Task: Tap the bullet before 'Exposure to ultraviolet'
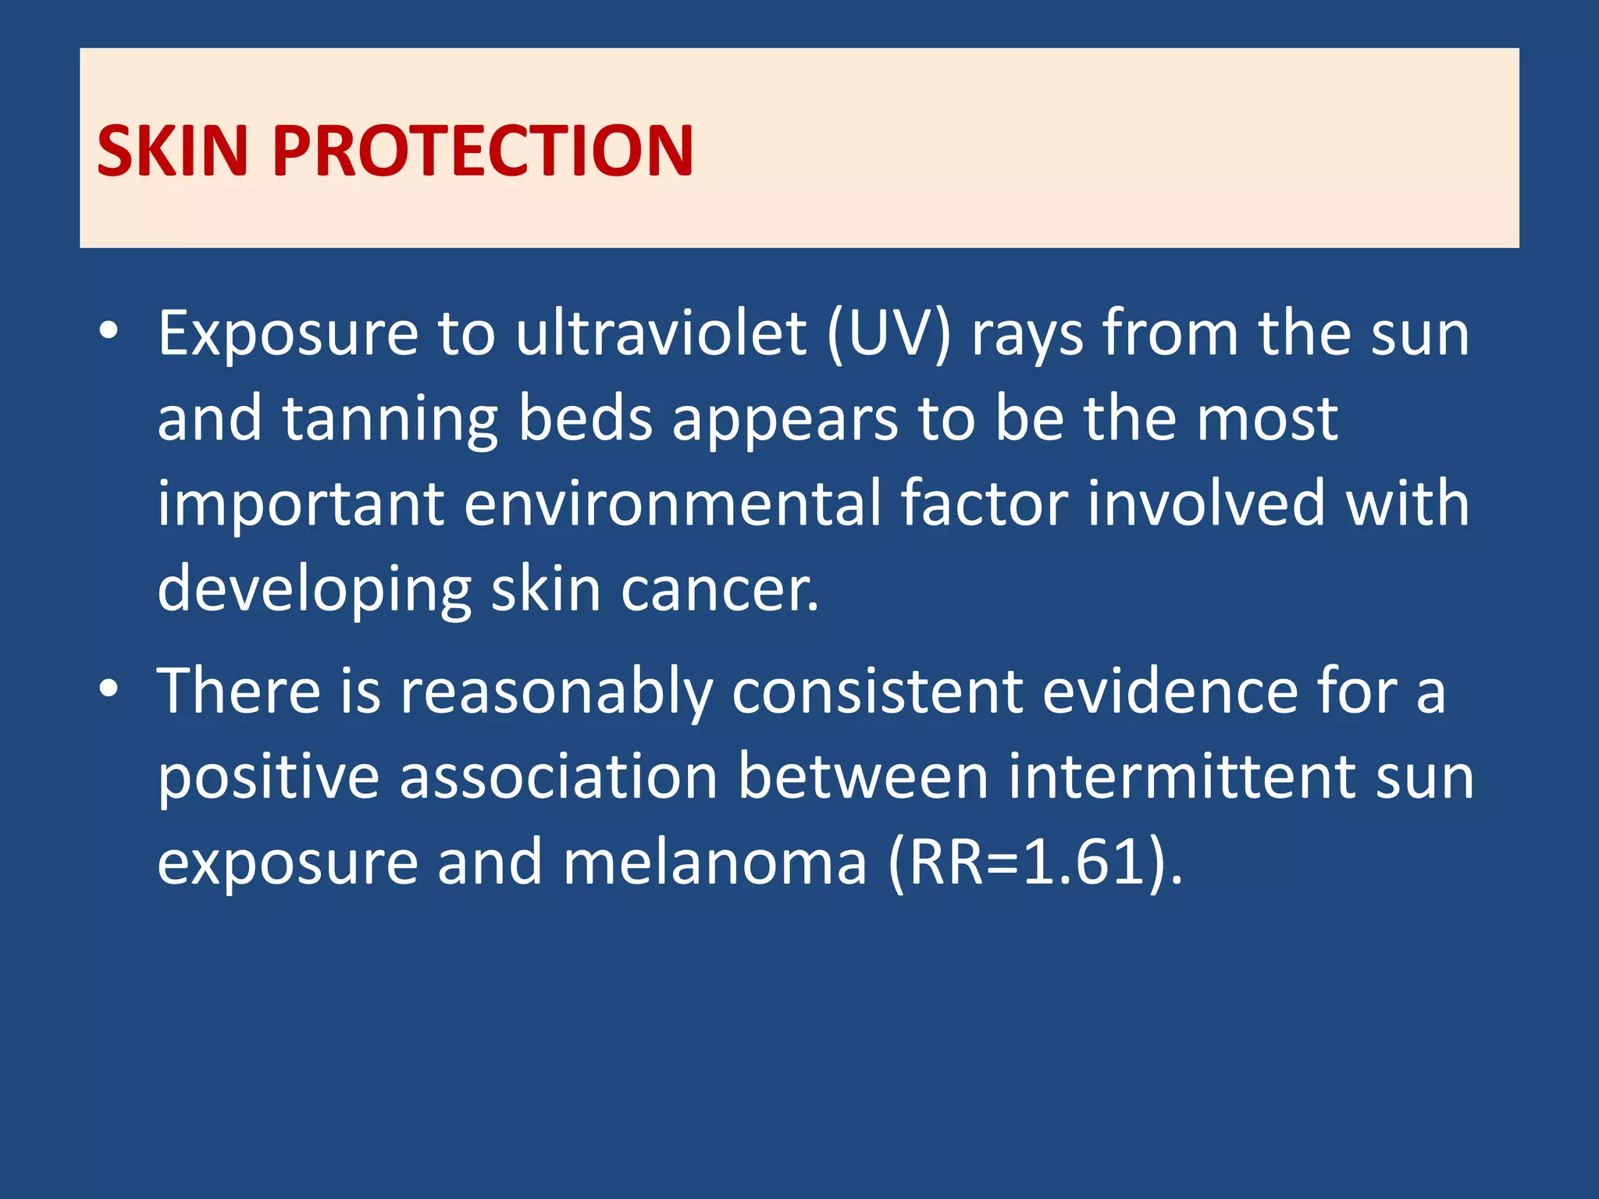click(109, 331)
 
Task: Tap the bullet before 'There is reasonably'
click(109, 688)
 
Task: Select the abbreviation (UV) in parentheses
click(889, 334)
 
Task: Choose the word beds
click(586, 418)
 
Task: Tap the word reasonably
click(557, 693)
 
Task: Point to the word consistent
click(878, 692)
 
